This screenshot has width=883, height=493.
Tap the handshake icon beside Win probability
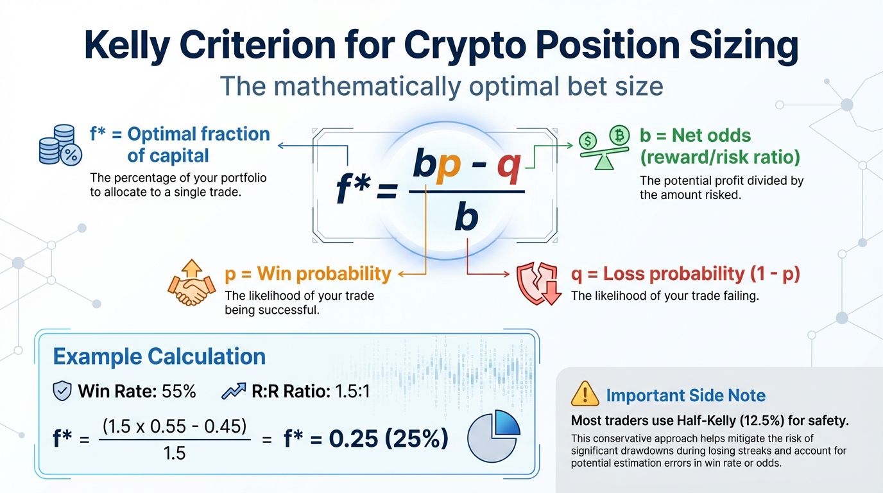[x=191, y=286]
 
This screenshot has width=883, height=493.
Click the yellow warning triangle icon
[x=584, y=394]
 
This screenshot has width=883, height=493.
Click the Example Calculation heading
[x=159, y=356]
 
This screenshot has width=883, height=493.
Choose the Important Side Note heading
[x=685, y=395]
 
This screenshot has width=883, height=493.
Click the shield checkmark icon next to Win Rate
[x=62, y=391]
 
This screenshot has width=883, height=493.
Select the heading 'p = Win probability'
[x=307, y=274]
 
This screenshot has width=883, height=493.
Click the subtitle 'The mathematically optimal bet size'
[x=441, y=86]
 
